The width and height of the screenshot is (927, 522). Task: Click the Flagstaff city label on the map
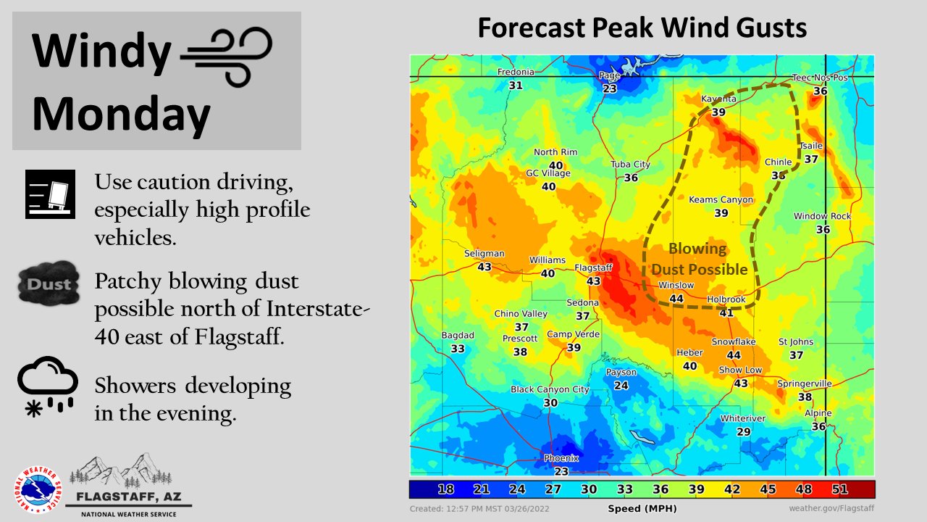593,268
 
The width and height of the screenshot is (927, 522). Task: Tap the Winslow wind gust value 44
676,298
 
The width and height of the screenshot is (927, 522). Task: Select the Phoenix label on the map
561,458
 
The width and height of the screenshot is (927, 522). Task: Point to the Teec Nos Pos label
820,78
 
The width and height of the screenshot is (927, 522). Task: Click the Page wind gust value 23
609,89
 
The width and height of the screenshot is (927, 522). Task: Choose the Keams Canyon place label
721,199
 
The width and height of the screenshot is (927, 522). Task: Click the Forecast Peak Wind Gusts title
642,28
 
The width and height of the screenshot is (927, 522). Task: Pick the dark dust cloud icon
48,283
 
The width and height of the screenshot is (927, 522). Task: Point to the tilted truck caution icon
50,194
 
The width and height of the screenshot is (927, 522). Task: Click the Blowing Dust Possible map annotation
699,259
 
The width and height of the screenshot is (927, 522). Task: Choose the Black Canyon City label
550,389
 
